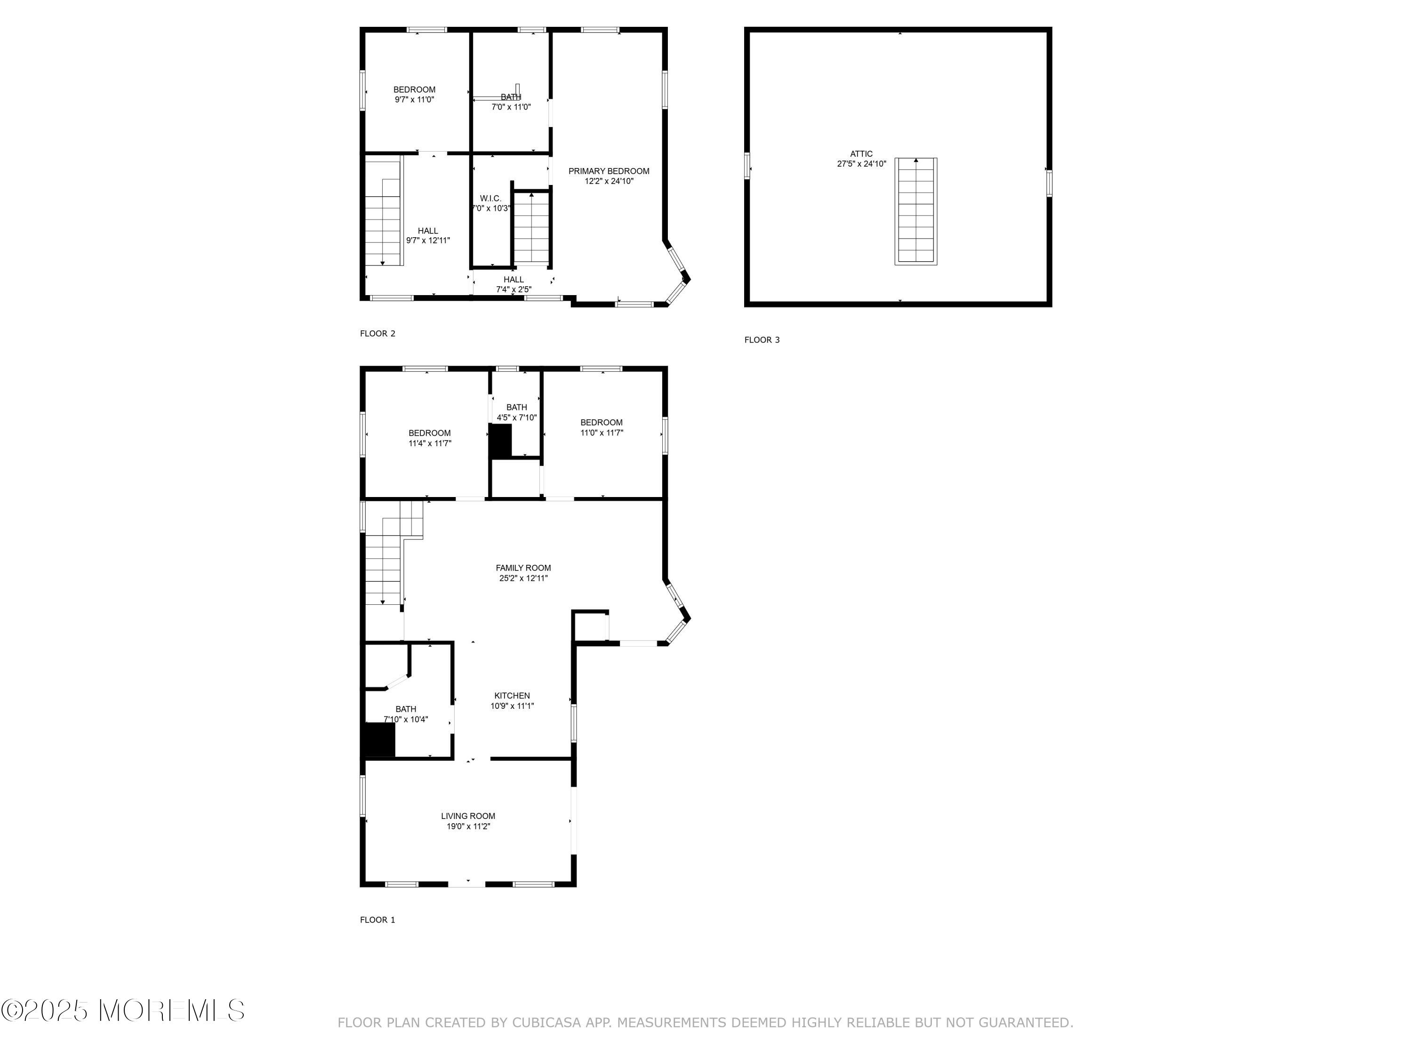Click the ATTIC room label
click(x=861, y=154)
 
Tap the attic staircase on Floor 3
click(x=915, y=211)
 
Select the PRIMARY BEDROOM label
click(x=608, y=171)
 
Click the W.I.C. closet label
click(x=491, y=199)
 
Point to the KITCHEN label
click(x=512, y=696)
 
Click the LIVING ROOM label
click(x=468, y=816)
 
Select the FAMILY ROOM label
click(x=523, y=568)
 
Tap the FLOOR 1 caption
click(x=377, y=920)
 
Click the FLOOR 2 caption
click(x=377, y=333)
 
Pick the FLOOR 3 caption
click(x=762, y=340)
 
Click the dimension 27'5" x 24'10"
click(x=862, y=164)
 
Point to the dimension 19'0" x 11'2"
click(x=468, y=826)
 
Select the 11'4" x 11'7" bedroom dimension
click(x=430, y=443)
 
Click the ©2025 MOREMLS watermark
click(x=122, y=1011)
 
